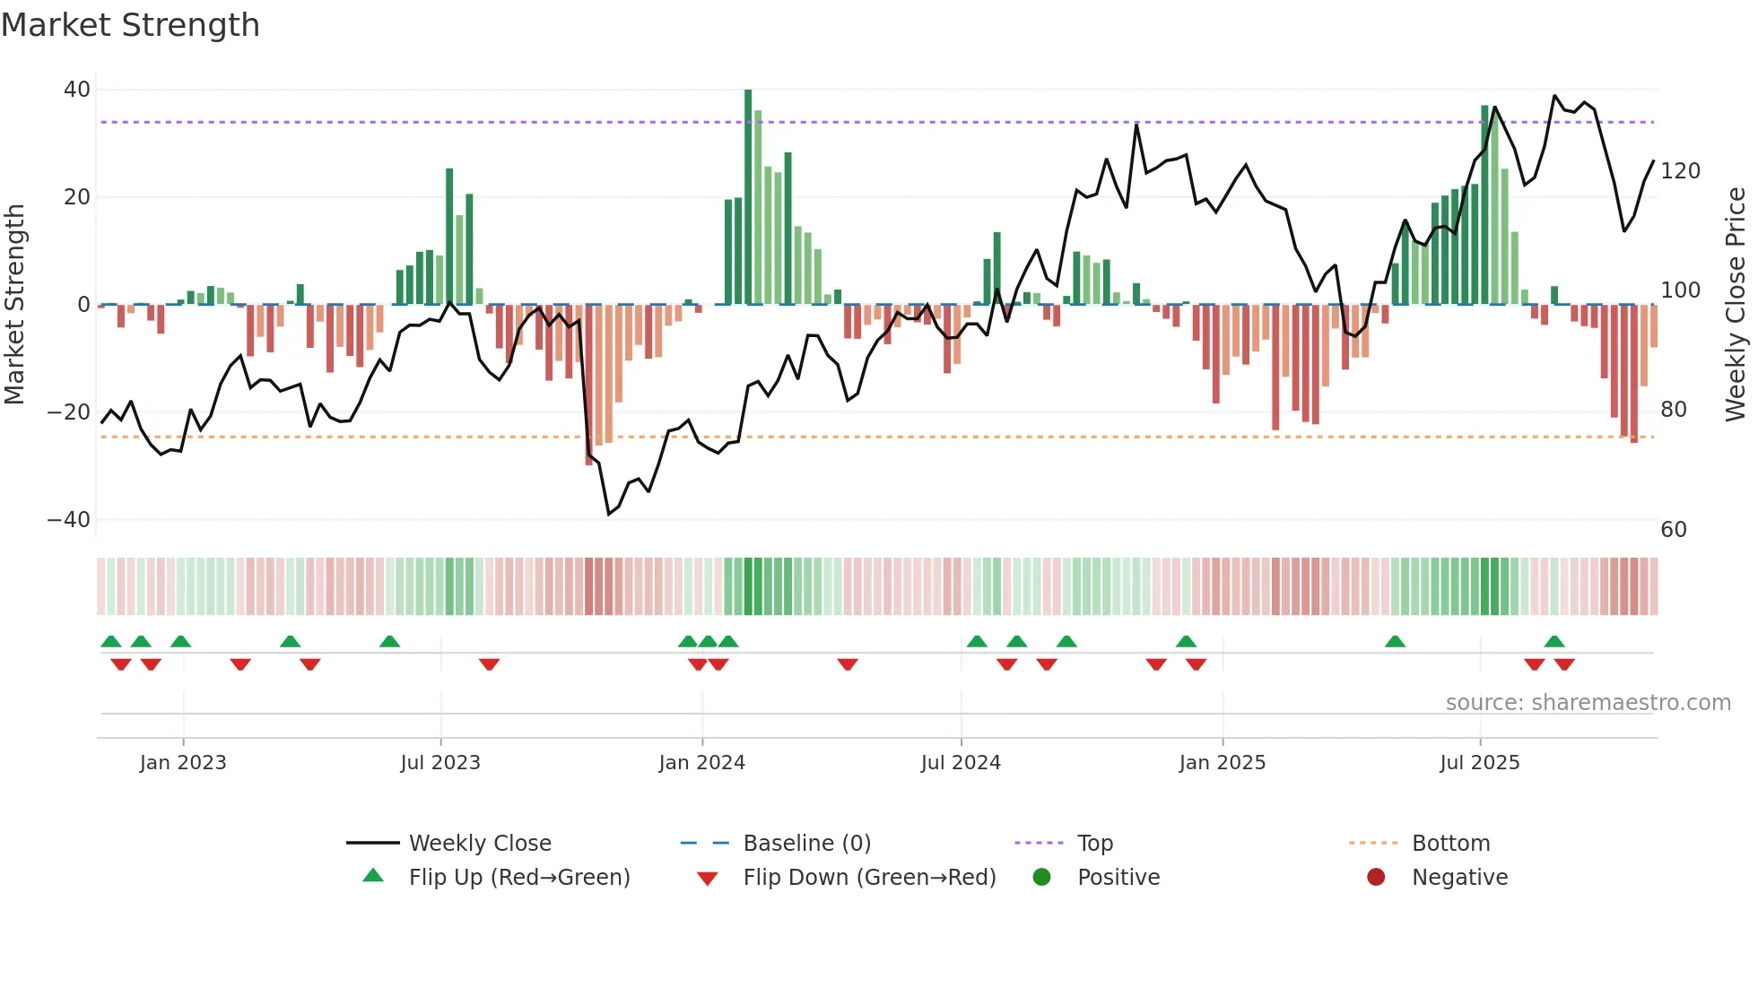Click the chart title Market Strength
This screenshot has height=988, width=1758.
tap(130, 25)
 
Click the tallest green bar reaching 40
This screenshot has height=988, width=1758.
tap(748, 197)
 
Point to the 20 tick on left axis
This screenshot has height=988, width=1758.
tap(77, 197)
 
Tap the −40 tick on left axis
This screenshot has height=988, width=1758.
tap(69, 520)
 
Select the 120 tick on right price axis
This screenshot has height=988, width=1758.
tap(1680, 171)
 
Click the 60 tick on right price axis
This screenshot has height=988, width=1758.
tap(1674, 530)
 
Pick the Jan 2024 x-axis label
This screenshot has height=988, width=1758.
tap(701, 763)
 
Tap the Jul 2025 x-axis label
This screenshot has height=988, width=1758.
tap(1479, 763)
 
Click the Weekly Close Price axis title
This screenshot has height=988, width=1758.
tap(1736, 305)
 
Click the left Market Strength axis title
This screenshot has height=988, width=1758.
tap(15, 305)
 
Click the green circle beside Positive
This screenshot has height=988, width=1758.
tap(1041, 877)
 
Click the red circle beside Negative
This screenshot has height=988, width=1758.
tap(1376, 877)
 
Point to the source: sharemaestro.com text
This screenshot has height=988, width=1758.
tap(1588, 703)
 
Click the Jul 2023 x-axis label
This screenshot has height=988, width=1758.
tap(440, 763)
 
